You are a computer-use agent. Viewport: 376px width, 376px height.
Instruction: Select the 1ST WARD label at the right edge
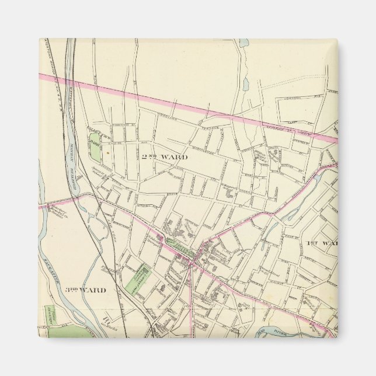322,242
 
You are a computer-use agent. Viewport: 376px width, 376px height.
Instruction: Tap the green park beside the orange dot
95,149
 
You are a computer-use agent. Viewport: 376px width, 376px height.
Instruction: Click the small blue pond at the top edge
243,43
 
